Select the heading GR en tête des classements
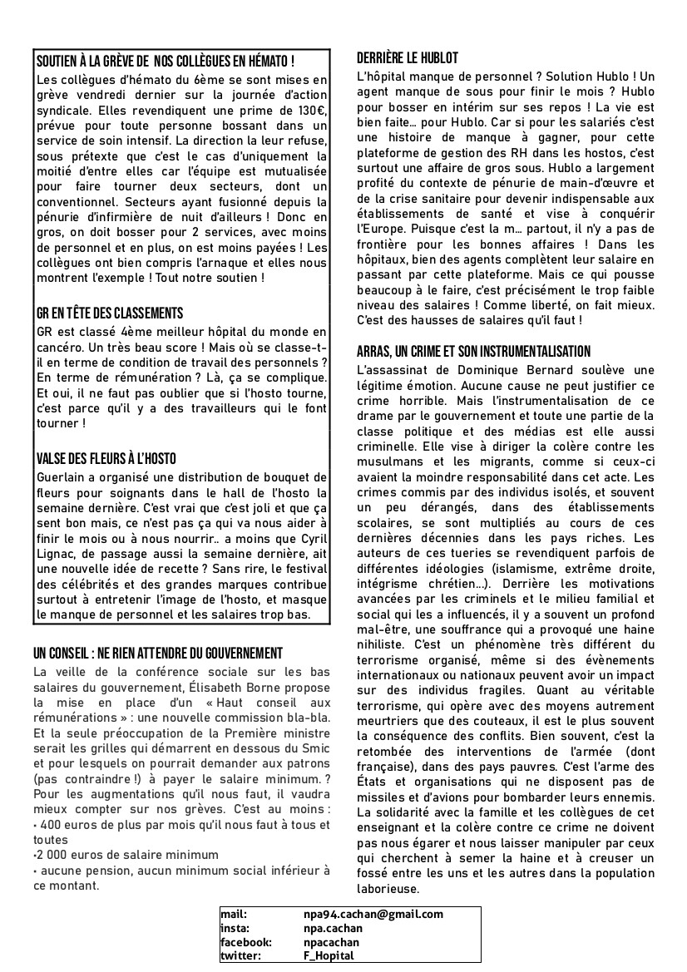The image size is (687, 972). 110,313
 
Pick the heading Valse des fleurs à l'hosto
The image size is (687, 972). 106,459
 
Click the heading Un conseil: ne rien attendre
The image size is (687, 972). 158,653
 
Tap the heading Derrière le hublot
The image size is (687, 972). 407,59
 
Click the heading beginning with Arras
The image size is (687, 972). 473,352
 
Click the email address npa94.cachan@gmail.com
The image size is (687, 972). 373,915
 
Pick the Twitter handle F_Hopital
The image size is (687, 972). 329,955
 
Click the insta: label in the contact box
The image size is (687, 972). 235,928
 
